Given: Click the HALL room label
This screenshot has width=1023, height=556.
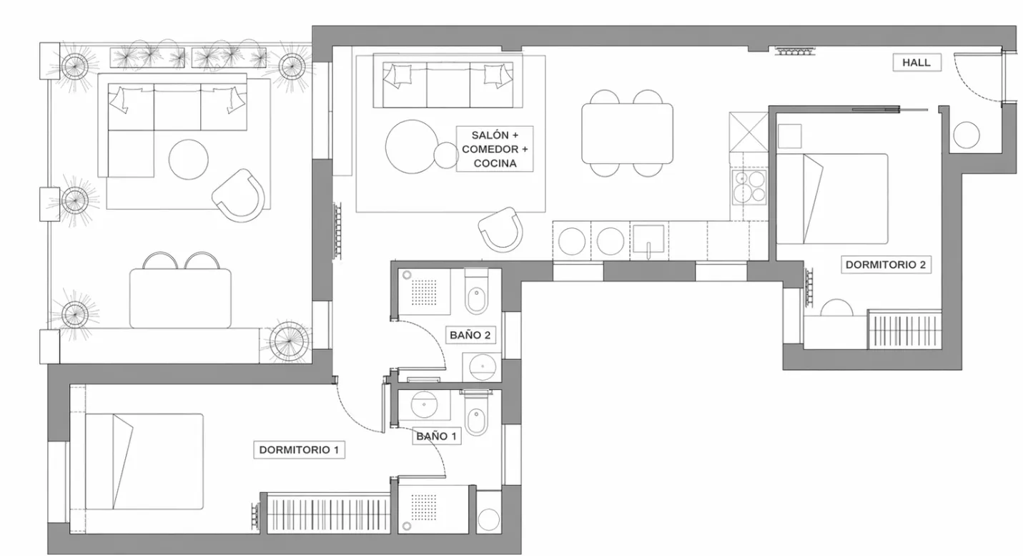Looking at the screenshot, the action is [916, 63].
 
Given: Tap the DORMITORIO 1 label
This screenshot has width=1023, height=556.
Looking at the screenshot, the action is [299, 450].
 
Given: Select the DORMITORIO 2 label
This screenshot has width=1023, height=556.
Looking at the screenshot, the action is [886, 265].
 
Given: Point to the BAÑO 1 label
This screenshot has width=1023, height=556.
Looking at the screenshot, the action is [436, 436].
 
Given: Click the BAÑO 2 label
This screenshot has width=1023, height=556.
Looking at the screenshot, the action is [470, 335].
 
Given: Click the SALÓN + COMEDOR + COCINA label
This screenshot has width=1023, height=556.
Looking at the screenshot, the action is [495, 149].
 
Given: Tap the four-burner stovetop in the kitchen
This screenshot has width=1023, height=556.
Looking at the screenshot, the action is [749, 187].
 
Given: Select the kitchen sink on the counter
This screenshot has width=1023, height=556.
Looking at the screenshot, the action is [648, 239].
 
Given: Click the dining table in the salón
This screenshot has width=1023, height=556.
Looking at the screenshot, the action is [627, 133].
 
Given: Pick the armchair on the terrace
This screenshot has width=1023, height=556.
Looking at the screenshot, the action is [239, 195].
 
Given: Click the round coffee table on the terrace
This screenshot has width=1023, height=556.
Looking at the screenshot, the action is [188, 160].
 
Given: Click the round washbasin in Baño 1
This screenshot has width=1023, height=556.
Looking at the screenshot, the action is [424, 404].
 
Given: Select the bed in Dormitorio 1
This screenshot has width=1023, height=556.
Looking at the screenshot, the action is [144, 462].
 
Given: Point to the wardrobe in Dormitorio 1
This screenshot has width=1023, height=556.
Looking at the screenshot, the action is [328, 514].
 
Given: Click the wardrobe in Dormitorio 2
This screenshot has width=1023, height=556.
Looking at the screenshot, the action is [905, 329].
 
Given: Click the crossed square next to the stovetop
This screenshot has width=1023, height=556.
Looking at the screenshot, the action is [749, 132].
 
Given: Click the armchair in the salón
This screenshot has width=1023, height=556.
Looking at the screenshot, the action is [501, 228].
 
